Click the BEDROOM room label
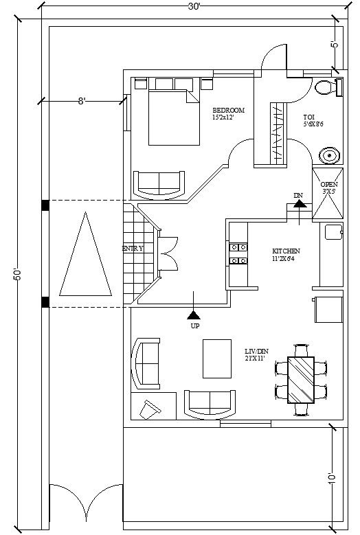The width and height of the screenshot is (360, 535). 229,111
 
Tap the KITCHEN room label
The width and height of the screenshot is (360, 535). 285,251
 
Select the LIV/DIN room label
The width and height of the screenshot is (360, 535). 256,350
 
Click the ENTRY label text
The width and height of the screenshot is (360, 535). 133,248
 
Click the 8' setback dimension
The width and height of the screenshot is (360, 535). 82,101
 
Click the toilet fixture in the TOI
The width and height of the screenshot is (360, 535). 327,88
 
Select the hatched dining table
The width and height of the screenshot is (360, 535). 300,380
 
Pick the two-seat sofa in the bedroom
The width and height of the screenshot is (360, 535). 159,183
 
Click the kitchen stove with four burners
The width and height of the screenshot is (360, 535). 238,253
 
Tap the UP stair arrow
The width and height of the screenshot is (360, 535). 195,314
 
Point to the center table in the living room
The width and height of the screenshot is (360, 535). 218,358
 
